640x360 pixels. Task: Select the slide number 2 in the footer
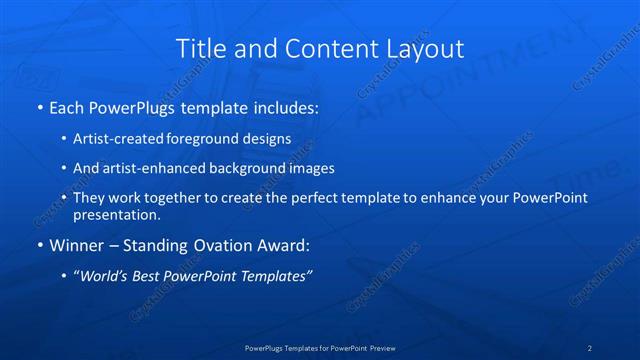click(x=590, y=348)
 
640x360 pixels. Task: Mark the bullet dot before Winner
click(x=39, y=244)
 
